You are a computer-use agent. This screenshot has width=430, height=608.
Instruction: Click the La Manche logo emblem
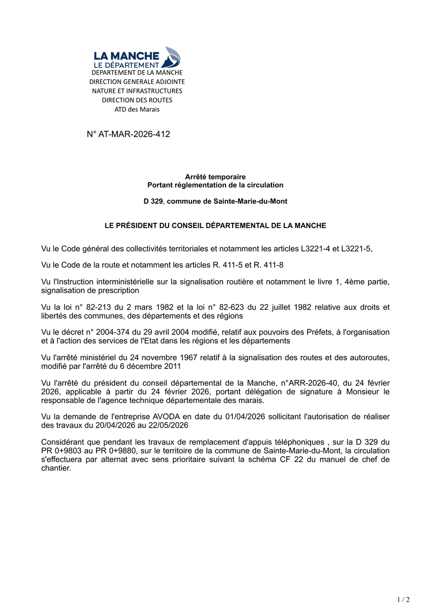point(172,57)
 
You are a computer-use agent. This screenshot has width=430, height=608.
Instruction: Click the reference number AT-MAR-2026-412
point(134,134)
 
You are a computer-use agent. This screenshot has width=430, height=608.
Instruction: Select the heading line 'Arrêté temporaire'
point(215,177)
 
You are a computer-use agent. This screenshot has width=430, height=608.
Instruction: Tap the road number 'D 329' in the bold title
point(153,201)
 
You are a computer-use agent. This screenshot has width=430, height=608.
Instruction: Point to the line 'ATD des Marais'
point(137,109)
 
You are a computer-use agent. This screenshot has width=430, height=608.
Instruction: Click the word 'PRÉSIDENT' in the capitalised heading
point(138,225)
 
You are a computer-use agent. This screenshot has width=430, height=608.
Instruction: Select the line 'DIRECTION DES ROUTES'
point(137,100)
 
